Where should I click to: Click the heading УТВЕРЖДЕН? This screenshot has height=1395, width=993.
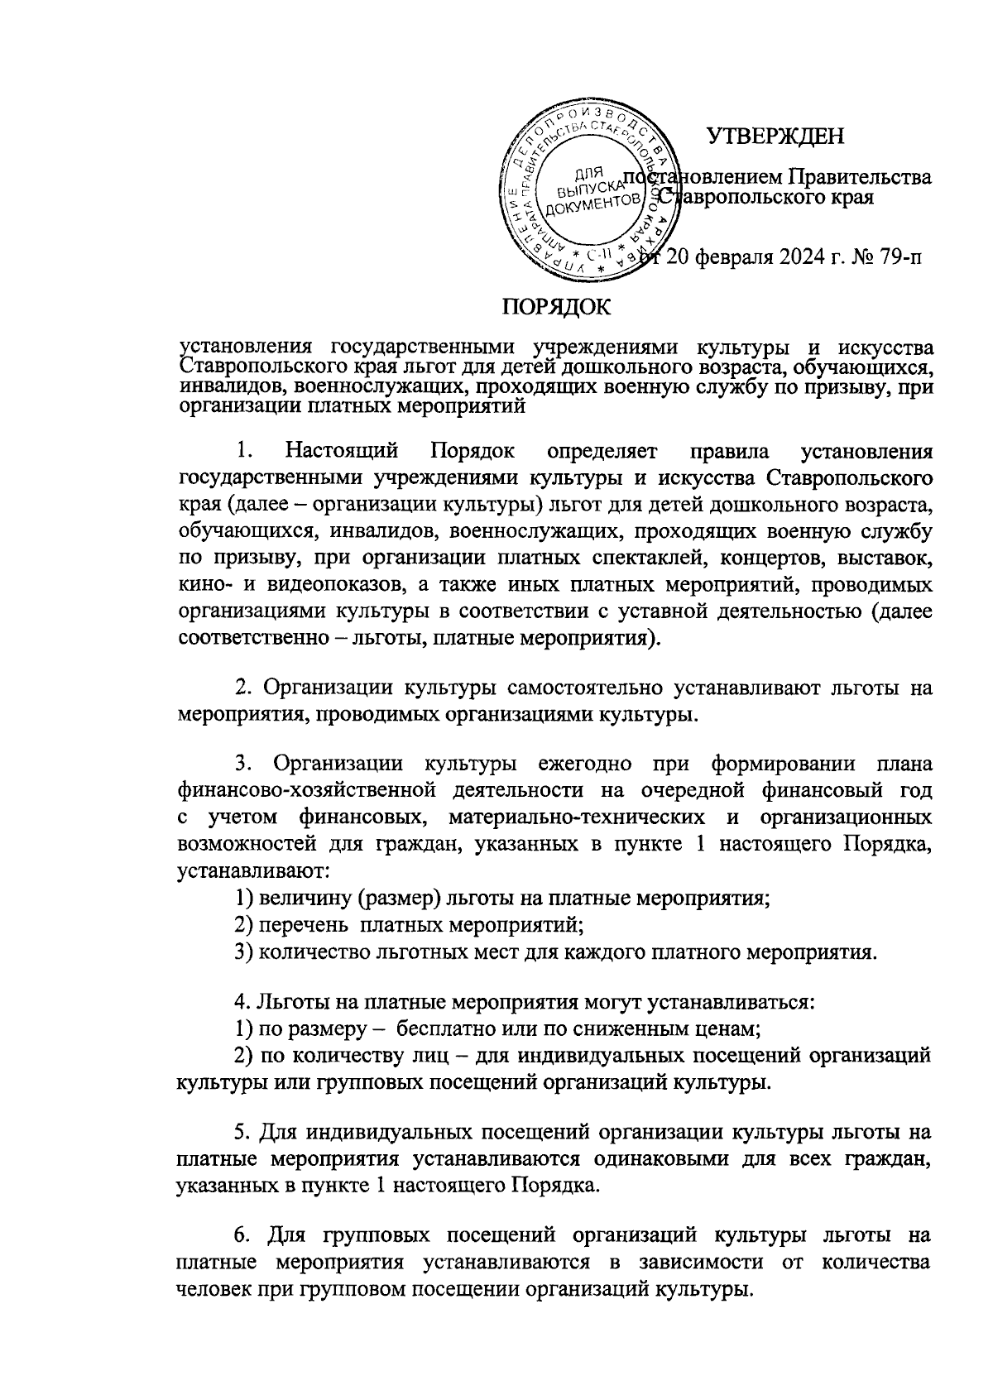775,135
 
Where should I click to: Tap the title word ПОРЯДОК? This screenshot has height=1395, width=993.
555,307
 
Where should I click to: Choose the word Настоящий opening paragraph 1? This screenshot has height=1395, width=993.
342,451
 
